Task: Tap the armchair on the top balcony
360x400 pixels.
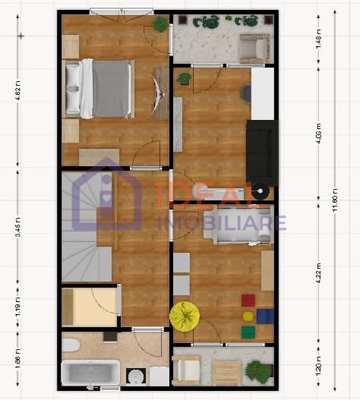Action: click(253, 48)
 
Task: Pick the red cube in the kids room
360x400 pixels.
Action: click(248, 301)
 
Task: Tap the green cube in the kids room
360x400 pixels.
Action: click(248, 332)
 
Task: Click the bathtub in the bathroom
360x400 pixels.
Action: click(90, 374)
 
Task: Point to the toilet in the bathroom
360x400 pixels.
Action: click(71, 346)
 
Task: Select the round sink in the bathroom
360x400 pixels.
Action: click(136, 376)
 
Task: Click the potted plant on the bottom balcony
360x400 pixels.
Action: click(259, 371)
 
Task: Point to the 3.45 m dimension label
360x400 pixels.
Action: click(17, 228)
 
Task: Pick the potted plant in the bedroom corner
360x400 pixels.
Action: click(160, 24)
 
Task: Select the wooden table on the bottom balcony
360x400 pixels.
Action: click(226, 373)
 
